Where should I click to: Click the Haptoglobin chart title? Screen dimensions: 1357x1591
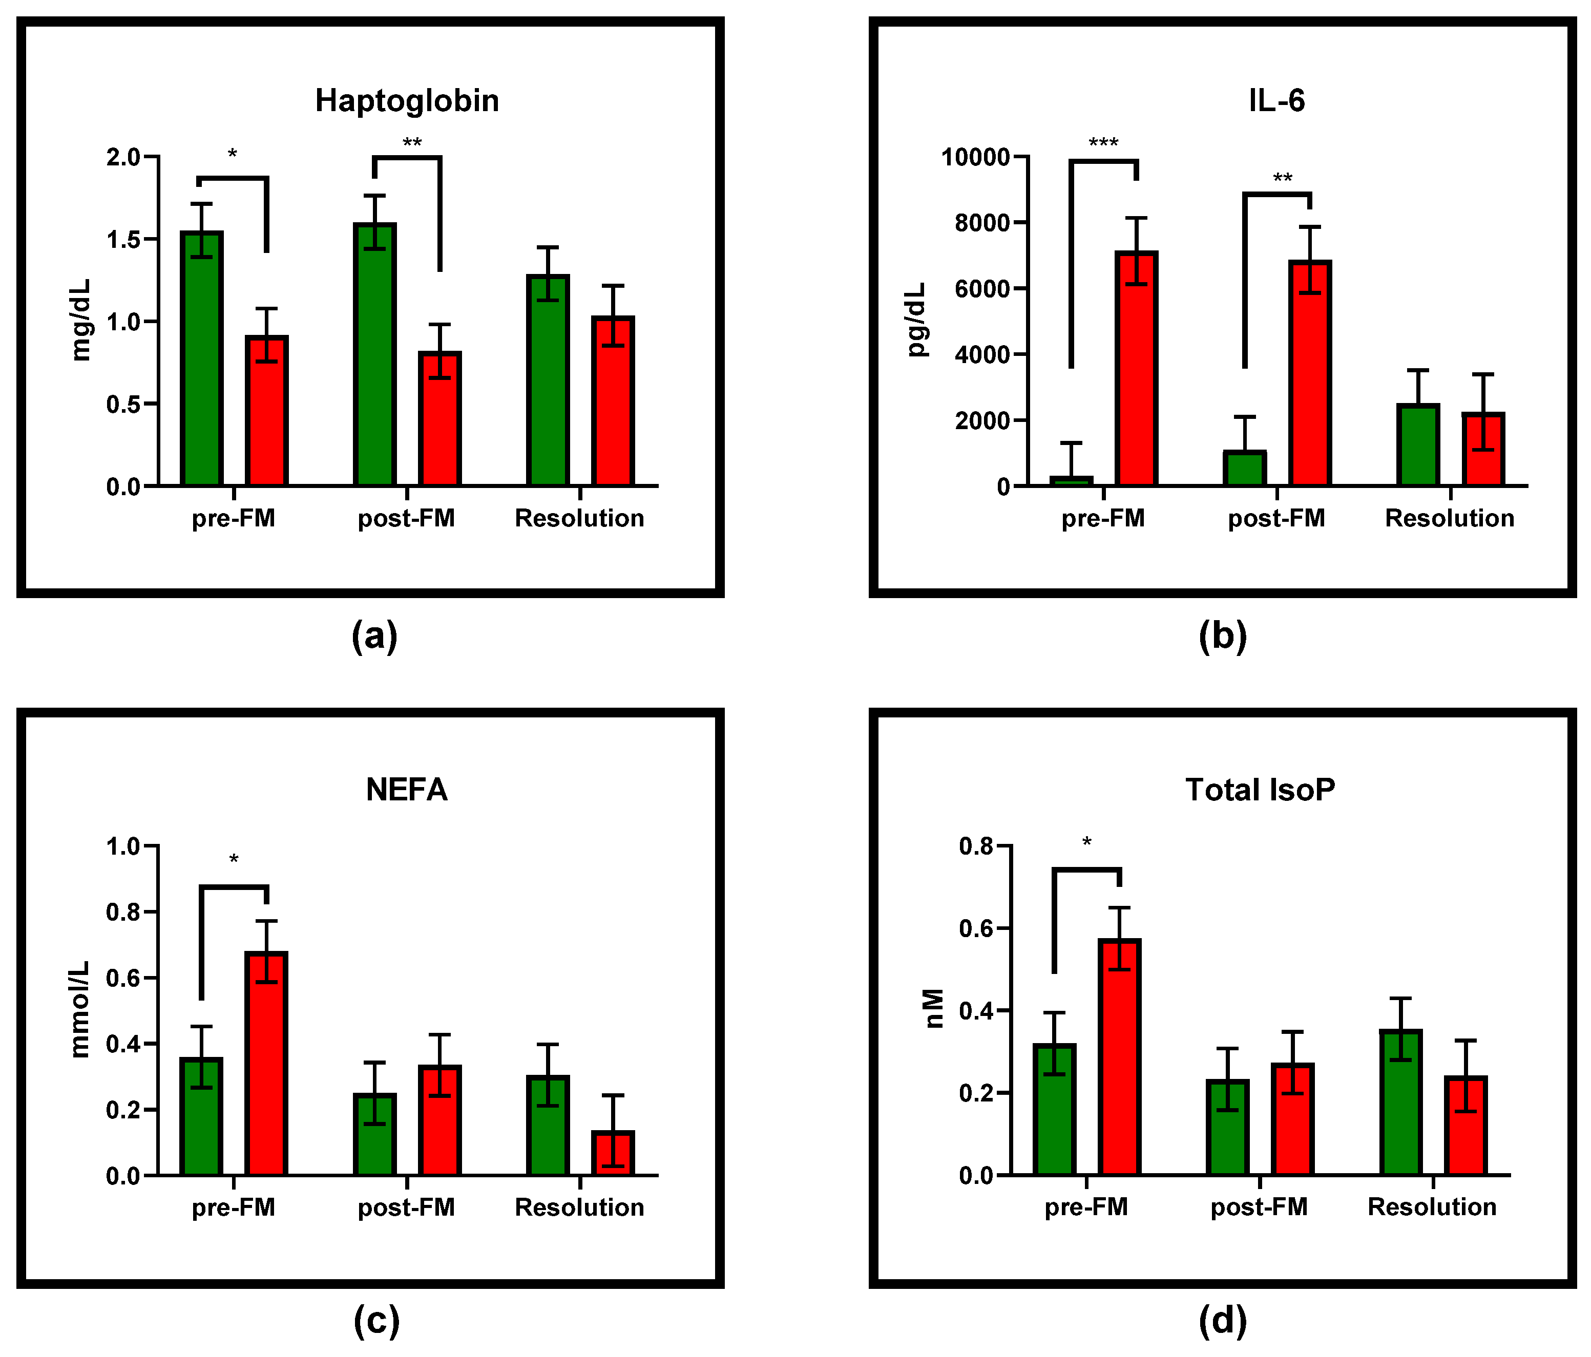point(407,100)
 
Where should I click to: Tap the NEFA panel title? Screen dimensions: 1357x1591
point(406,790)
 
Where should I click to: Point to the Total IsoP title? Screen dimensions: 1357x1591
point(1260,790)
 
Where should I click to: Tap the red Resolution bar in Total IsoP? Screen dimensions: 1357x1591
point(1466,1126)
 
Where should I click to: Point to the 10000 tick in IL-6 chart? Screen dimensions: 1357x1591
point(974,157)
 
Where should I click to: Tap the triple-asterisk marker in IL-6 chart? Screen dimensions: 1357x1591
point(1103,143)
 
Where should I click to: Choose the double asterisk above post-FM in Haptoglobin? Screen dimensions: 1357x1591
point(412,143)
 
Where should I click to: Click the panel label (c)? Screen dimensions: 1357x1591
point(376,1320)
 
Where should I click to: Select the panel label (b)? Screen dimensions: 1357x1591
point(1222,635)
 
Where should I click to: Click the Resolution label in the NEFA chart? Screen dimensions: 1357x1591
point(579,1207)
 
